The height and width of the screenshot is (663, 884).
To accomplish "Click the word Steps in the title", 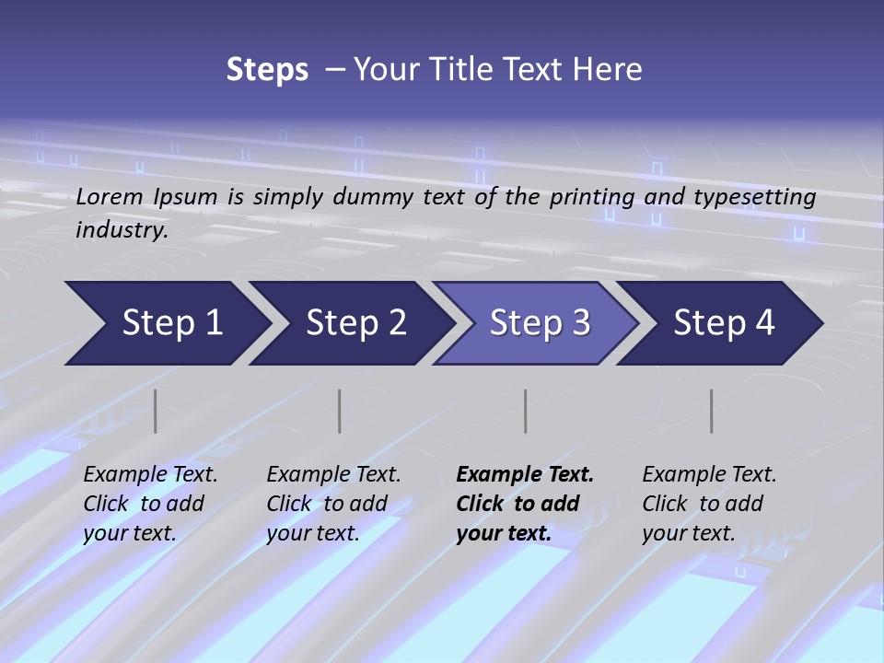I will [x=267, y=70].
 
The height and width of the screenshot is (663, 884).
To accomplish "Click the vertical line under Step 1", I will [x=156, y=411].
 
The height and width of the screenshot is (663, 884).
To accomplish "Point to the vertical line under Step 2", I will [x=340, y=411].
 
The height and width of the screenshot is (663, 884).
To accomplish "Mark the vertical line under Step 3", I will [x=526, y=411].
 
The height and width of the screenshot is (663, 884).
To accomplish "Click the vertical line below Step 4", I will [x=712, y=411].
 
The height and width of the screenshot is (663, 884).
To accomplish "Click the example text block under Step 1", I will [x=150, y=504].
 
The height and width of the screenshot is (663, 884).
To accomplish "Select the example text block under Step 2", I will [x=333, y=504].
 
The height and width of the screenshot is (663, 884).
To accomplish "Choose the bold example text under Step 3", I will [x=525, y=504].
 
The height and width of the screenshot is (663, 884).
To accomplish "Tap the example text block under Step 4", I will [x=709, y=504].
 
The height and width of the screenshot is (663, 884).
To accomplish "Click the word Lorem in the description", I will [x=110, y=196].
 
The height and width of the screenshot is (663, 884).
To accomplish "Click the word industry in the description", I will [x=122, y=229].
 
